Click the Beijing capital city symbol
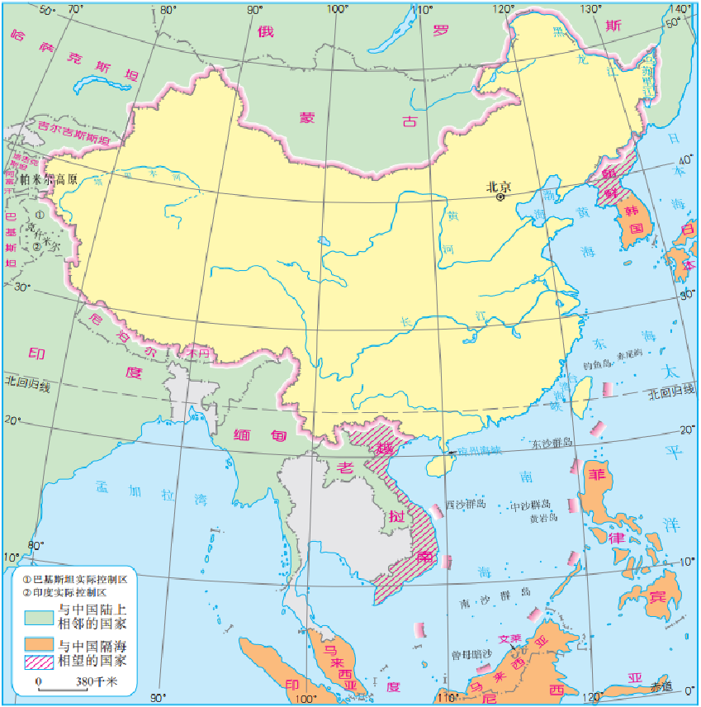(x=500, y=198)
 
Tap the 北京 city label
(x=499, y=186)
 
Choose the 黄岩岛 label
(x=542, y=518)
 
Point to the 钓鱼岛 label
(x=595, y=363)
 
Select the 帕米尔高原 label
(x=49, y=178)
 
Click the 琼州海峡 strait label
(x=478, y=450)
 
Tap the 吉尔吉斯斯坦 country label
(x=73, y=132)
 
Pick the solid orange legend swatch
(x=37, y=643)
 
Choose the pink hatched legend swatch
(x=37, y=661)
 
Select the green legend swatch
(x=37, y=616)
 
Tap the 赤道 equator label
(x=661, y=686)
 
